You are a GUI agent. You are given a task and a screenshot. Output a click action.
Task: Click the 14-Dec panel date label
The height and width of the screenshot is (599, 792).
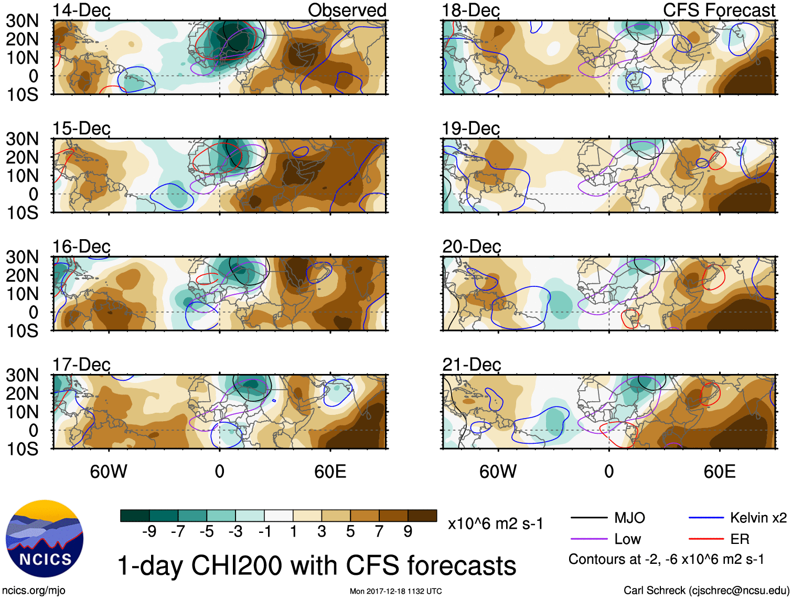(81, 10)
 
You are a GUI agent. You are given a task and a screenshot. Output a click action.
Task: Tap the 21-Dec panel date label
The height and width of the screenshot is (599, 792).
(471, 365)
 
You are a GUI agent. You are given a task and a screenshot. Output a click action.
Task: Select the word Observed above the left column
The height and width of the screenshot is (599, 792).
(347, 10)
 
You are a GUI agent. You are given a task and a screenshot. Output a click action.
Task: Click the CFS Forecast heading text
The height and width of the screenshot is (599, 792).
(719, 10)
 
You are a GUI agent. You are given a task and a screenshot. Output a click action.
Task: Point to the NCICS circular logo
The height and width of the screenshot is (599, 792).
(45, 539)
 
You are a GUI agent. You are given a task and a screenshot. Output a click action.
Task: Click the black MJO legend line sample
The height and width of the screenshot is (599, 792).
(588, 518)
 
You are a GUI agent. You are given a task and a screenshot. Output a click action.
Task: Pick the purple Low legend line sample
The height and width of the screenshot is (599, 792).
(588, 539)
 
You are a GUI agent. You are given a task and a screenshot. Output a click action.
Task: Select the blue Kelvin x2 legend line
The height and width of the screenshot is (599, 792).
(706, 518)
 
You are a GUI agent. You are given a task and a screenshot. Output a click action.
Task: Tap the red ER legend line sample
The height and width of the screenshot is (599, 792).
(706, 539)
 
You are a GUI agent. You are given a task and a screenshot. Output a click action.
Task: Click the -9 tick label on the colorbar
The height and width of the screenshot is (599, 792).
(149, 532)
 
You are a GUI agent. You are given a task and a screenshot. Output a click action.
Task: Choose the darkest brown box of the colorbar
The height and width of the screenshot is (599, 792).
(422, 516)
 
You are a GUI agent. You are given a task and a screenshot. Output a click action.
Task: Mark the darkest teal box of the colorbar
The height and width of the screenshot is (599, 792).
(135, 516)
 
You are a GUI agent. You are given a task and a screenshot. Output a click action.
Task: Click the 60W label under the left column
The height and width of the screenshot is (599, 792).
(109, 472)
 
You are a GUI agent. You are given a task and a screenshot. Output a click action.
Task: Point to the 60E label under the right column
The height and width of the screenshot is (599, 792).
(719, 472)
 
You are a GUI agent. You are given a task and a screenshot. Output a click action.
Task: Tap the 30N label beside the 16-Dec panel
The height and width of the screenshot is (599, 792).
(22, 257)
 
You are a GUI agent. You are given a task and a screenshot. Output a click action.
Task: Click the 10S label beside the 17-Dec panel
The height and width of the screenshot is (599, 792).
(22, 449)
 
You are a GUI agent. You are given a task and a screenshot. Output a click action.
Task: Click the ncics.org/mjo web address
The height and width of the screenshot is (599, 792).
(34, 591)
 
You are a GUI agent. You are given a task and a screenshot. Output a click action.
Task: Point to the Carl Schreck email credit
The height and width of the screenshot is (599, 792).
(706, 591)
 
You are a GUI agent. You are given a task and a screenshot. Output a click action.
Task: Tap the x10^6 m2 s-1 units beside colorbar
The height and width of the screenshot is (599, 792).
(495, 523)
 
